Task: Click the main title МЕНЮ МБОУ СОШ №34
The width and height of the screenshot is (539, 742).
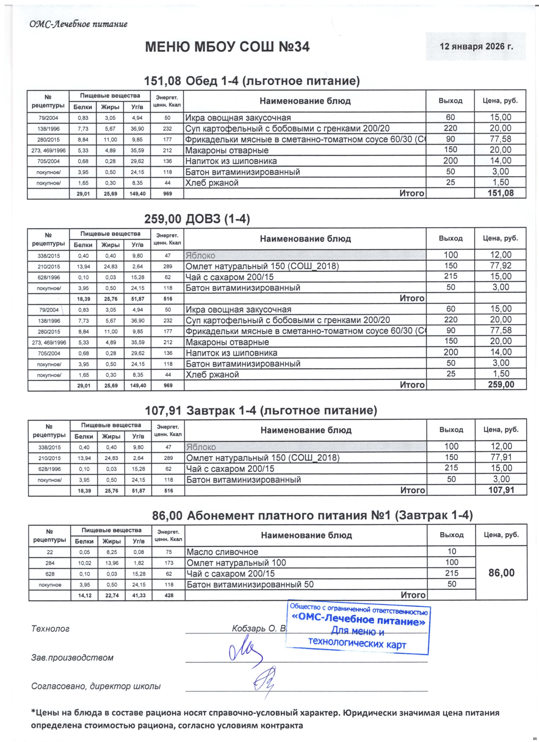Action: [x=227, y=47]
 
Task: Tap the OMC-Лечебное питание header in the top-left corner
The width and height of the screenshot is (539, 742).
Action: [x=78, y=24]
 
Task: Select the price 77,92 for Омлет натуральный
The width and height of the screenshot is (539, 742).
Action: [x=501, y=266]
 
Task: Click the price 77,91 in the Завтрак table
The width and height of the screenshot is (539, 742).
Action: [x=501, y=457]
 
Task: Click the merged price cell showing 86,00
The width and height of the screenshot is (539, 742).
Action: [x=501, y=573]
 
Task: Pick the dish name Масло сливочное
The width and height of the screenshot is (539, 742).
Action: [x=222, y=552]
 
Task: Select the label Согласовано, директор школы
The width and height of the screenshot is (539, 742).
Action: [x=96, y=686]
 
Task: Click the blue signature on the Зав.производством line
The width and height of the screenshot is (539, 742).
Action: [x=245, y=653]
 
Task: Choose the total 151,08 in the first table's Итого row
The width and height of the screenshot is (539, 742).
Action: [x=501, y=193]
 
